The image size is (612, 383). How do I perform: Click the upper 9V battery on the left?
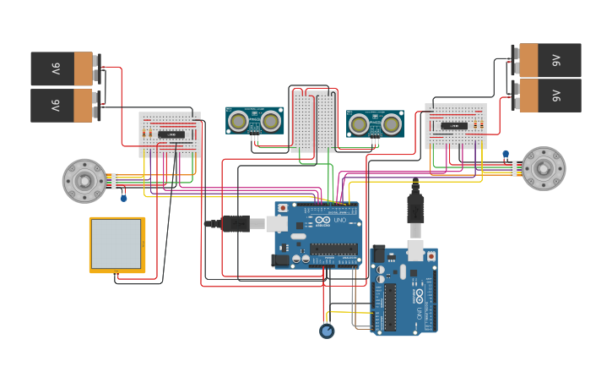62,68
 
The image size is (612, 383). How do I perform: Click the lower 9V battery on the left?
62,106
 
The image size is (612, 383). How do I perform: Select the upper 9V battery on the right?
550,60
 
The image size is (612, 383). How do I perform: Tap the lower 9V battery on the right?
550,96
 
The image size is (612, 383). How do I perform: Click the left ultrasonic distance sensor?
254,121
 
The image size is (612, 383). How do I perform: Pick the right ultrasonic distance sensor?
375,124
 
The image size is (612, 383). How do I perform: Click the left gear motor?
84,181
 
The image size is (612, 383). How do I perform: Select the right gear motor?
543,168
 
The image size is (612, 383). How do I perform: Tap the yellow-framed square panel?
116,245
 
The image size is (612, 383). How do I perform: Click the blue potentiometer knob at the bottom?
327,331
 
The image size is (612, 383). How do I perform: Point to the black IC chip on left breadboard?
171,134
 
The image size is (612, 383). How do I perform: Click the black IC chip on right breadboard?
454,126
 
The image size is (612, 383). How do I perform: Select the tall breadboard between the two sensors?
313,120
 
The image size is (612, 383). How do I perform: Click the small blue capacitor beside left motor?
124,198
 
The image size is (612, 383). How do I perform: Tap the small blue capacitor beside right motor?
506,154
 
